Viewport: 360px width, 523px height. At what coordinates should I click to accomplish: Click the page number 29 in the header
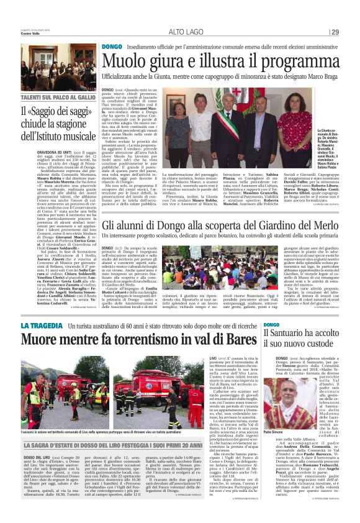(x=335, y=32)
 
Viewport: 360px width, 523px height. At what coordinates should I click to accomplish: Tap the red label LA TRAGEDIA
(x=42, y=325)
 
